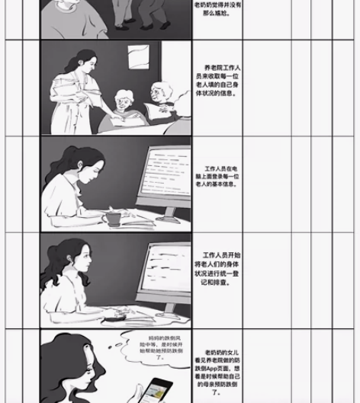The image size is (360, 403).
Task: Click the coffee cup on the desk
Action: [x=112, y=219]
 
